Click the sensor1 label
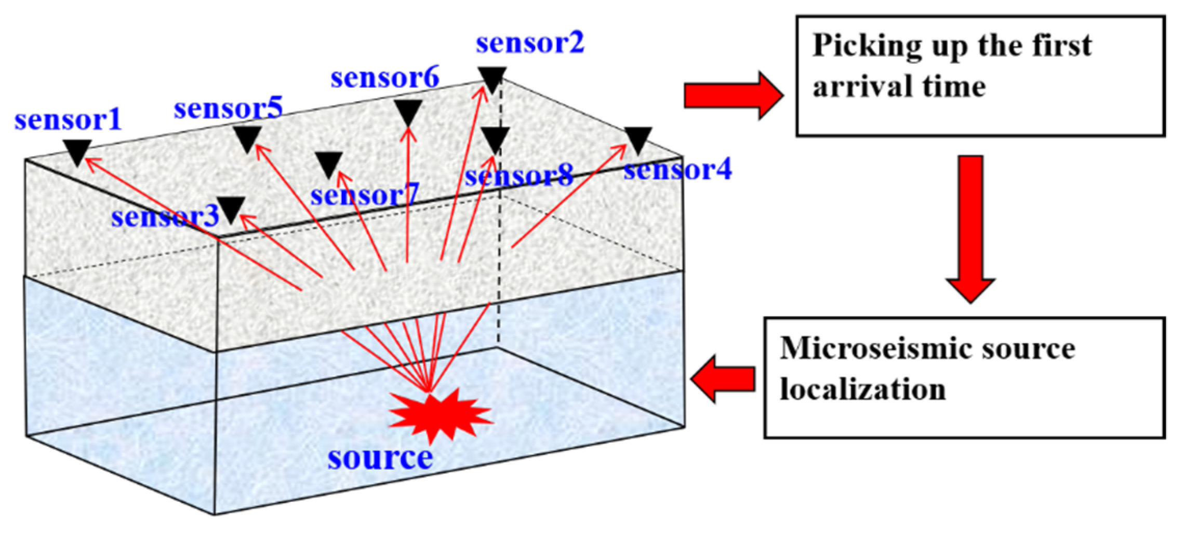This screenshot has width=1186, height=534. pos(68,120)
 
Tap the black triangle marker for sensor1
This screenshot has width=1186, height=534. pos(77,151)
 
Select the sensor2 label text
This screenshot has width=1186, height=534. pos(530,43)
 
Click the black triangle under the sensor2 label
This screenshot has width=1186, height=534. pos(492,78)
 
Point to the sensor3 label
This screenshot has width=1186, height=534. pos(165,216)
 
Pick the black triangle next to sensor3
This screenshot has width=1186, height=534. pos(231,208)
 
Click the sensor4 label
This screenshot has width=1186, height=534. pos(677,170)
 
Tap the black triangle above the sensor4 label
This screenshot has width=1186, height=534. pos(637,139)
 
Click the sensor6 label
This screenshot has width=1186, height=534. pos(385,78)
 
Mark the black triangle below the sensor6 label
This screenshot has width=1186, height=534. pos(408,111)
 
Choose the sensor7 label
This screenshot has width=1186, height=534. pos(364,196)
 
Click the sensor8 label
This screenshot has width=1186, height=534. pos(518,175)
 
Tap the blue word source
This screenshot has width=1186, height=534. pos(380,458)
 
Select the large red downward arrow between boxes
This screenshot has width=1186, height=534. pos(970,228)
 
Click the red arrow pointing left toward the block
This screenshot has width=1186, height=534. pos(723,379)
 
